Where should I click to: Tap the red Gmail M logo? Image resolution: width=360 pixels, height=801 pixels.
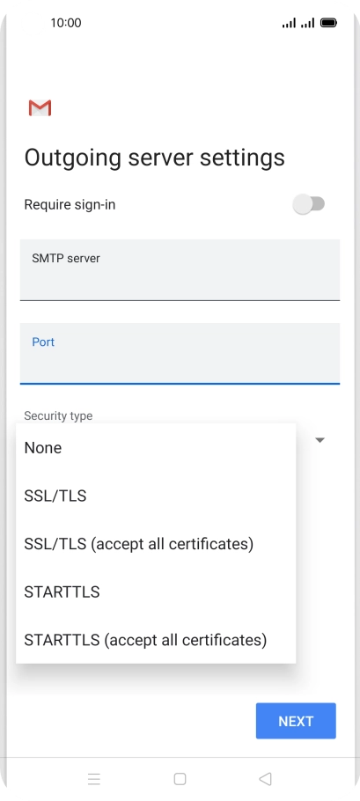pyautogui.click(x=40, y=107)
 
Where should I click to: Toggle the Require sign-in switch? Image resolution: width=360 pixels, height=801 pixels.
pyautogui.click(x=308, y=204)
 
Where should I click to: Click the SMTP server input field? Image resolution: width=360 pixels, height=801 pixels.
pyautogui.click(x=180, y=269)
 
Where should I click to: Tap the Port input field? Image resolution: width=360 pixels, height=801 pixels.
pyautogui.click(x=180, y=353)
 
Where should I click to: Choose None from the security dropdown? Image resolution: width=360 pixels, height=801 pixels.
pyautogui.click(x=43, y=448)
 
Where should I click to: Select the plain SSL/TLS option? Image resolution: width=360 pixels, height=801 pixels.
pyautogui.click(x=55, y=496)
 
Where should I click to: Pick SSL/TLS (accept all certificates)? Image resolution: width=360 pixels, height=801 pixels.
pyautogui.click(x=139, y=544)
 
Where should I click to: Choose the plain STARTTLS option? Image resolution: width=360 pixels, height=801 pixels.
pyautogui.click(x=62, y=592)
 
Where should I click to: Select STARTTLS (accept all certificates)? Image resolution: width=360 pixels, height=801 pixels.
pyautogui.click(x=145, y=640)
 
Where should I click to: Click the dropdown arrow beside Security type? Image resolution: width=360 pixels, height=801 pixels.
pyautogui.click(x=320, y=440)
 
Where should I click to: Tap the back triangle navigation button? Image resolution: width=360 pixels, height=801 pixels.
pyautogui.click(x=265, y=778)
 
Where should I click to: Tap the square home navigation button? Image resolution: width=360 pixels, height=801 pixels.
pyautogui.click(x=180, y=778)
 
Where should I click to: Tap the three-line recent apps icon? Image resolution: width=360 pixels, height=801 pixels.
pyautogui.click(x=94, y=779)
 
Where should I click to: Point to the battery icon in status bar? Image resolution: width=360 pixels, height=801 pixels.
pyautogui.click(x=328, y=23)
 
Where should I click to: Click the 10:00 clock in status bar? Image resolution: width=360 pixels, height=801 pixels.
pyautogui.click(x=66, y=23)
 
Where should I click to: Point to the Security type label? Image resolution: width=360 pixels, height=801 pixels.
pyautogui.click(x=58, y=415)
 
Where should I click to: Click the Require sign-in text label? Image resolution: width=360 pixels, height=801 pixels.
pyautogui.click(x=70, y=205)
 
